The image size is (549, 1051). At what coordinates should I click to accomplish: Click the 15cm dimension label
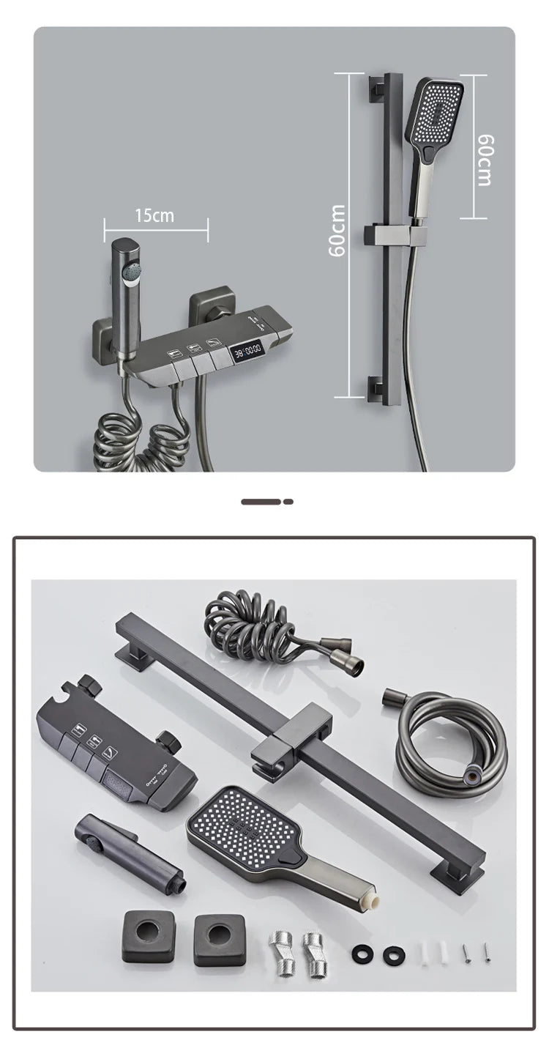pyautogui.click(x=154, y=215)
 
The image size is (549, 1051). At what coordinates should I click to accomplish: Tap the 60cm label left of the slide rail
pyautogui.click(x=337, y=230)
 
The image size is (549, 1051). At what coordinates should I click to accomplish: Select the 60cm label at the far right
pyautogui.click(x=485, y=160)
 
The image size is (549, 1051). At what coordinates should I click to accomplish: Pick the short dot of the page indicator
pyautogui.click(x=288, y=502)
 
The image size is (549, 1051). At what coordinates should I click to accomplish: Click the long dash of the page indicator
pyautogui.click(x=261, y=502)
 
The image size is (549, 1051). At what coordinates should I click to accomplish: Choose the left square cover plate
pyautogui.click(x=149, y=938)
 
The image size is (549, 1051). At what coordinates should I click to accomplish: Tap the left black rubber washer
pyautogui.click(x=361, y=952)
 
